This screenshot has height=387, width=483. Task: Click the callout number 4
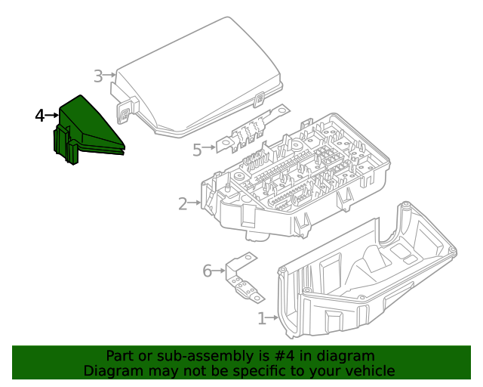(x=40, y=116)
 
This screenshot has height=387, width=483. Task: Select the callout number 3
(x=98, y=76)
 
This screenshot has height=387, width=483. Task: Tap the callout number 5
(x=197, y=150)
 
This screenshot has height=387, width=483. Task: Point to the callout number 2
(x=183, y=203)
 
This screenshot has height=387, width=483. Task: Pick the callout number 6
(x=207, y=271)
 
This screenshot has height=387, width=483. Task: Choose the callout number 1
(x=261, y=319)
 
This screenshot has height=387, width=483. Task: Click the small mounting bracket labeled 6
(x=241, y=277)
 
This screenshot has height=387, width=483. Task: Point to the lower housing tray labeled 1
(x=362, y=280)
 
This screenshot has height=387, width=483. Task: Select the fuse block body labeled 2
(x=294, y=181)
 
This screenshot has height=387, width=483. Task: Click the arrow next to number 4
(x=53, y=116)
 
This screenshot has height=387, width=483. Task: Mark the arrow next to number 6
(x=220, y=270)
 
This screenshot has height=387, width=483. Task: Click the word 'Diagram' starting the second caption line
(x=111, y=371)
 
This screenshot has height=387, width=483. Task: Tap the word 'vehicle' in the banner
(x=370, y=371)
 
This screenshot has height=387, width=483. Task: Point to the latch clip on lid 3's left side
(x=124, y=112)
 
